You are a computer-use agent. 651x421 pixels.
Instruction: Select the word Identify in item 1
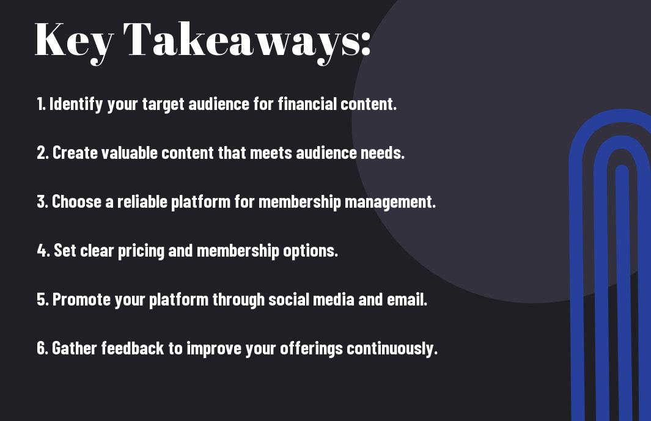(x=76, y=104)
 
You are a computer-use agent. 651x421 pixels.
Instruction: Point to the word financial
(x=307, y=103)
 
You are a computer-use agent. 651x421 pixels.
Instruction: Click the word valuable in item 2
(x=130, y=152)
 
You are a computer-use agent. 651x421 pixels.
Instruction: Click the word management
(x=390, y=202)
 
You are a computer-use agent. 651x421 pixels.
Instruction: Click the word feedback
(x=133, y=348)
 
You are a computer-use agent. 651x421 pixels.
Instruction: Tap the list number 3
(x=42, y=202)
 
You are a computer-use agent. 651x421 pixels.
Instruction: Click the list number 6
(x=42, y=348)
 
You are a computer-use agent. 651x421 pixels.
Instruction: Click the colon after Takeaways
(x=366, y=43)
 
